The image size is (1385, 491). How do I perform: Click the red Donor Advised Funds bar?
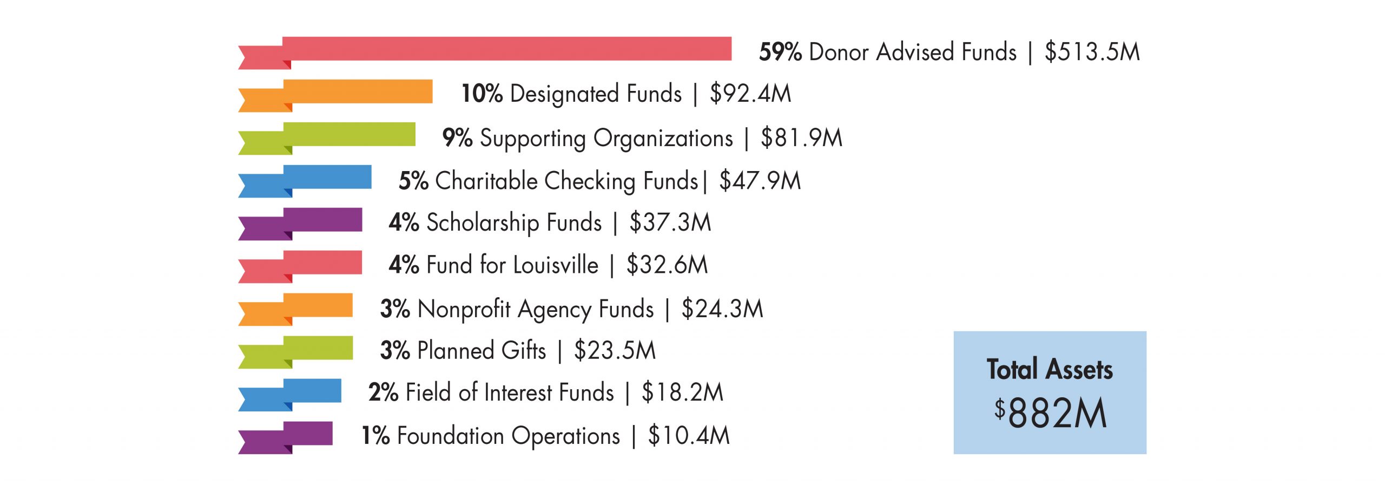[x=506, y=49]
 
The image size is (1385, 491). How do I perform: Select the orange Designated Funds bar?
[x=358, y=91]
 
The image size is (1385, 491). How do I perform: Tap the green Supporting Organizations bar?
[x=349, y=134]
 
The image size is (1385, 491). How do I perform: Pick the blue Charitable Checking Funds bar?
[x=327, y=177]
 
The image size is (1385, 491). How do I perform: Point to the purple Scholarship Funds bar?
[x=322, y=220]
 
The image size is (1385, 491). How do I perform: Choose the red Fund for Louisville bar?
[x=322, y=263]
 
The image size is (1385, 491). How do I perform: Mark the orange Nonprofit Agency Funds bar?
[x=318, y=305]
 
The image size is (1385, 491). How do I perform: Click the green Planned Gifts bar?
[x=318, y=348]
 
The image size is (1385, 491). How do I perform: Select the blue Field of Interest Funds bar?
[x=312, y=391]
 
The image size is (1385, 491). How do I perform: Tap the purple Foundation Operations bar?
[x=307, y=434]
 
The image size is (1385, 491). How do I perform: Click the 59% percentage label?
[x=780, y=53]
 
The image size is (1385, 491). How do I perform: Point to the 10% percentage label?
[x=482, y=94]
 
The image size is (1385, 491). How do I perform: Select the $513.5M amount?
[x=1092, y=53]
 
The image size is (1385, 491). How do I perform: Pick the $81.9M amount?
[x=801, y=138]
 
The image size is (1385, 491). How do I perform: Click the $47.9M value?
[x=760, y=181]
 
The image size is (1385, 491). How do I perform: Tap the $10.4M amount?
[x=689, y=436]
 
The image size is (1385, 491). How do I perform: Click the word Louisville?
[x=556, y=265]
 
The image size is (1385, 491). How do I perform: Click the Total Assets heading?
[x=1050, y=370]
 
